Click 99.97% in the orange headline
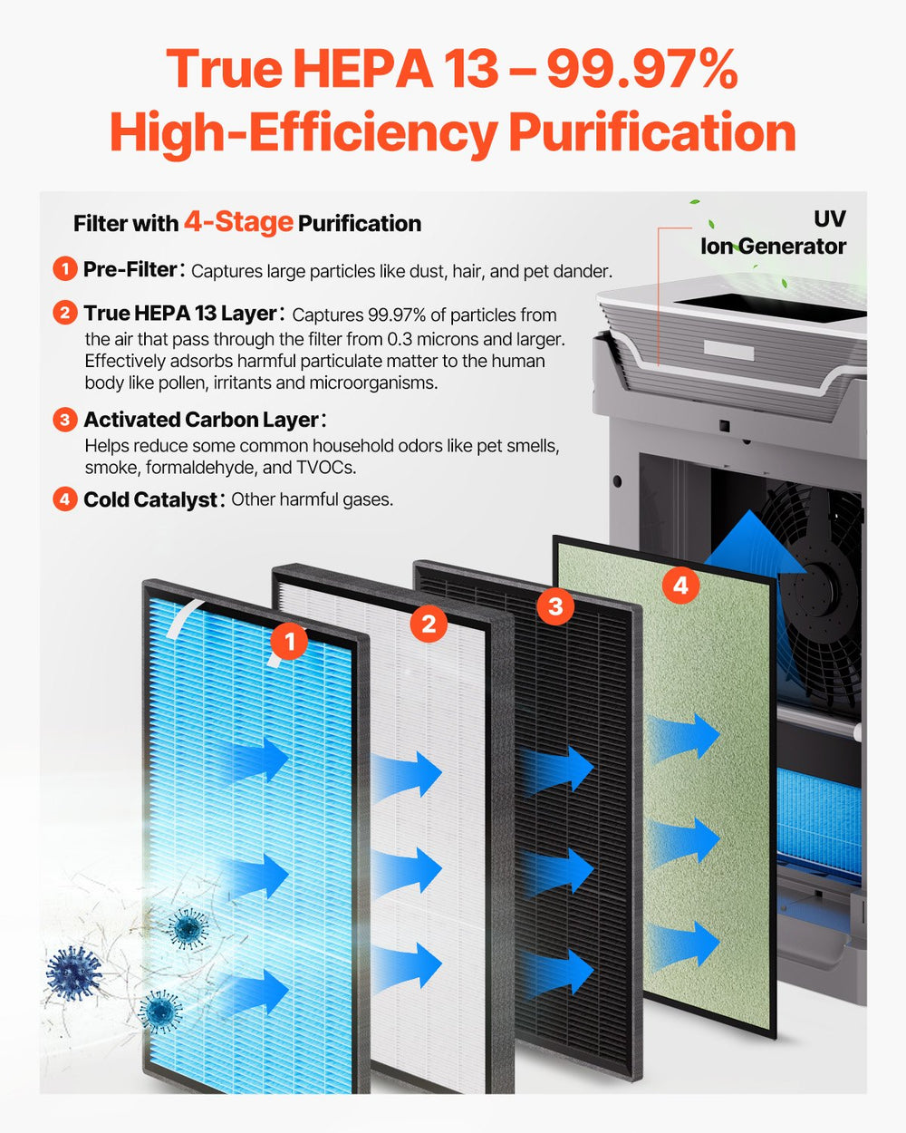[x=641, y=70]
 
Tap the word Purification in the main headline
[x=651, y=133]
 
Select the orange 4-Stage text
[x=238, y=221]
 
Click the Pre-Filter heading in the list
[x=130, y=269]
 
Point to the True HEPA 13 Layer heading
[x=179, y=314]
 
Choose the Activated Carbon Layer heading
[x=200, y=420]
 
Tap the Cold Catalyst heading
[x=150, y=499]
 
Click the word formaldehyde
[x=218, y=468]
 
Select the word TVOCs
[x=327, y=468]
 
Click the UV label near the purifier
[x=829, y=218]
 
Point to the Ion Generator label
[x=773, y=246]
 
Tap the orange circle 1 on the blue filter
[x=289, y=643]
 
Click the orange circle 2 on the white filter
[x=429, y=624]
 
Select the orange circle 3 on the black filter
[x=555, y=605]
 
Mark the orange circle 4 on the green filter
[x=680, y=586]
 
